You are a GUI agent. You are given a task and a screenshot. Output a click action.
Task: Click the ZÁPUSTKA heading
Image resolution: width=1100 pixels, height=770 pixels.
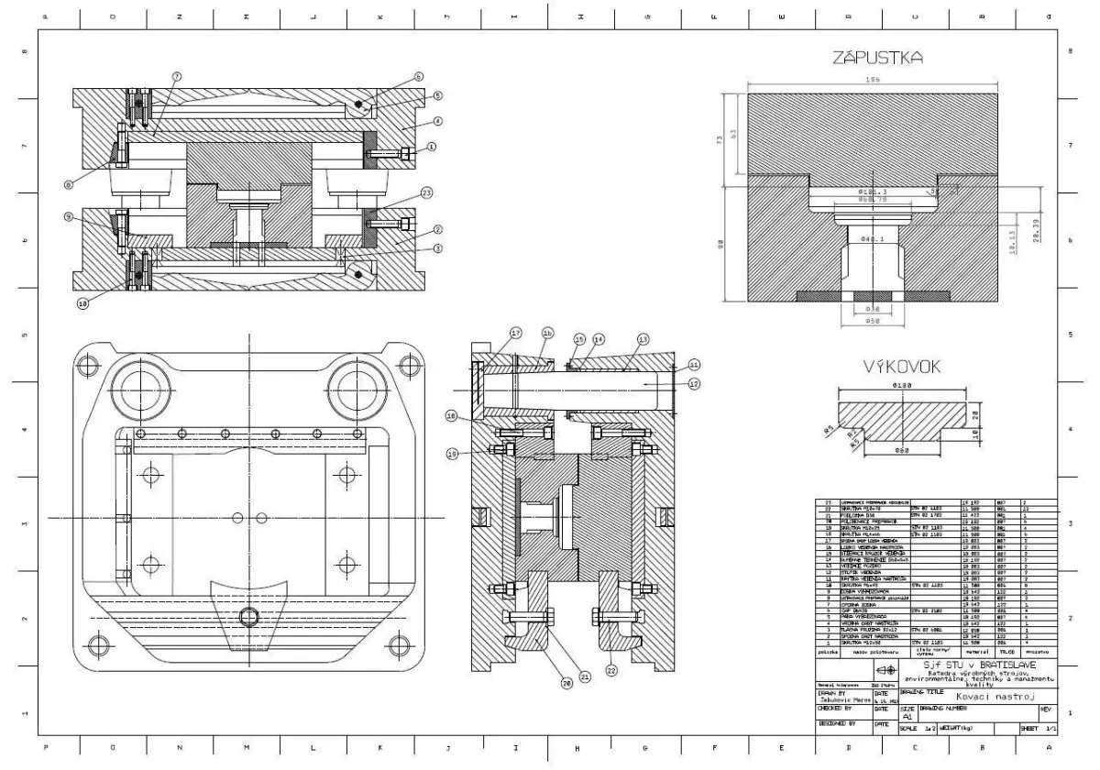coord(876,59)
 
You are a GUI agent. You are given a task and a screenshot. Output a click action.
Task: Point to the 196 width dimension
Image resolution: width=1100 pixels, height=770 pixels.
coord(873,81)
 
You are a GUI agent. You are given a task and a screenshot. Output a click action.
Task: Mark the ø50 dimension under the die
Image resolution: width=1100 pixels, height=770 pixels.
coord(873,323)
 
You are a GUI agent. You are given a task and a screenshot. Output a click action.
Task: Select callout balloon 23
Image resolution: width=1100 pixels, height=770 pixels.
coord(427,192)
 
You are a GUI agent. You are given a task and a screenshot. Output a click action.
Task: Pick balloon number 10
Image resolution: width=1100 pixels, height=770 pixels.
coord(83,302)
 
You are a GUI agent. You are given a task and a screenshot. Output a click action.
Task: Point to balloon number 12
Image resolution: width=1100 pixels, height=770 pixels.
coord(694,383)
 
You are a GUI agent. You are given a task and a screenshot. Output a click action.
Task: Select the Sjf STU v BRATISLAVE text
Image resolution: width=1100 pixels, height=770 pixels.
coord(979,664)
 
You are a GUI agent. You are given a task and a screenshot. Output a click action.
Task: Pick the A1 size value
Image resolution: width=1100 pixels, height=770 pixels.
coord(907,720)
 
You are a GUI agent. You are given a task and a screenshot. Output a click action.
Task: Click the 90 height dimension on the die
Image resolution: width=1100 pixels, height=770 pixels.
coord(723,244)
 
